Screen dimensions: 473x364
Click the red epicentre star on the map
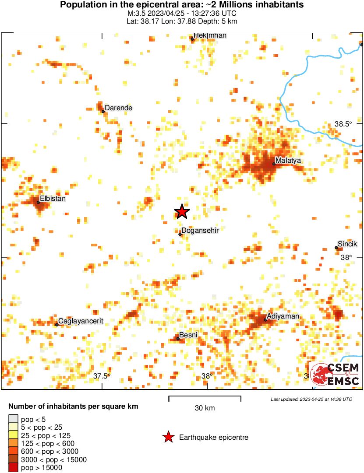(x=182, y=212)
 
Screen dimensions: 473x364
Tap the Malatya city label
(x=289, y=161)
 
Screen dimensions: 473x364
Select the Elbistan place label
(x=53, y=199)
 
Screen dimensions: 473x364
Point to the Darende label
(x=118, y=108)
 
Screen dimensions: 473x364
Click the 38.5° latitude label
(x=343, y=124)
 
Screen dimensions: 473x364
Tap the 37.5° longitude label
(x=102, y=376)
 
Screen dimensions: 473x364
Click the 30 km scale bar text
(x=205, y=408)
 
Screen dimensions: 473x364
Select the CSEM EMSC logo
(x=335, y=375)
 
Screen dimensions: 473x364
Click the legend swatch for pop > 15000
(x=14, y=468)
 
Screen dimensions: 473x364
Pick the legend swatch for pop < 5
(x=14, y=419)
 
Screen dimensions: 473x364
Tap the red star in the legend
(x=168, y=437)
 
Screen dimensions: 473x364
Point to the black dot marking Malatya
(x=274, y=164)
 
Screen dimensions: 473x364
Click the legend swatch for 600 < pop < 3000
(x=14, y=452)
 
